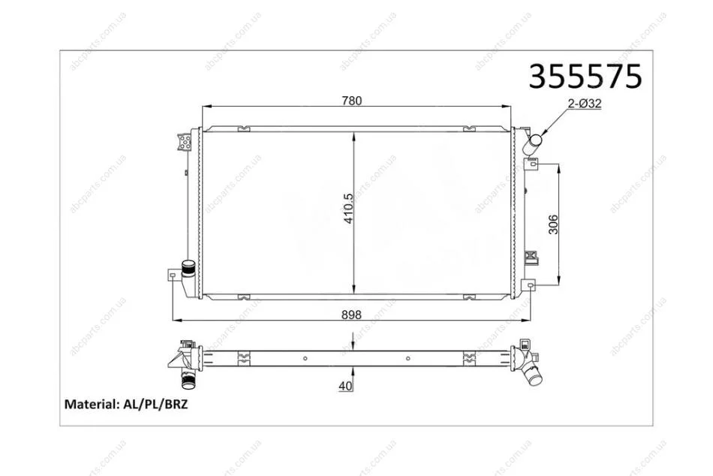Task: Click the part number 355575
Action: [x=585, y=76]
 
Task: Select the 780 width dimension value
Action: [x=352, y=101]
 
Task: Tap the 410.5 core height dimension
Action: [x=348, y=209]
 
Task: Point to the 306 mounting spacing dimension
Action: [x=553, y=224]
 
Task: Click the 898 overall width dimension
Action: [x=351, y=315]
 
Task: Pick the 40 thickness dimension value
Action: [x=345, y=386]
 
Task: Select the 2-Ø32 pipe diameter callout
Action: [x=585, y=104]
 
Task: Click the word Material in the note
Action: [x=92, y=404]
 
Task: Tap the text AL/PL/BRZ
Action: [x=155, y=404]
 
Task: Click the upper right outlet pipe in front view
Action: [x=531, y=144]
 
